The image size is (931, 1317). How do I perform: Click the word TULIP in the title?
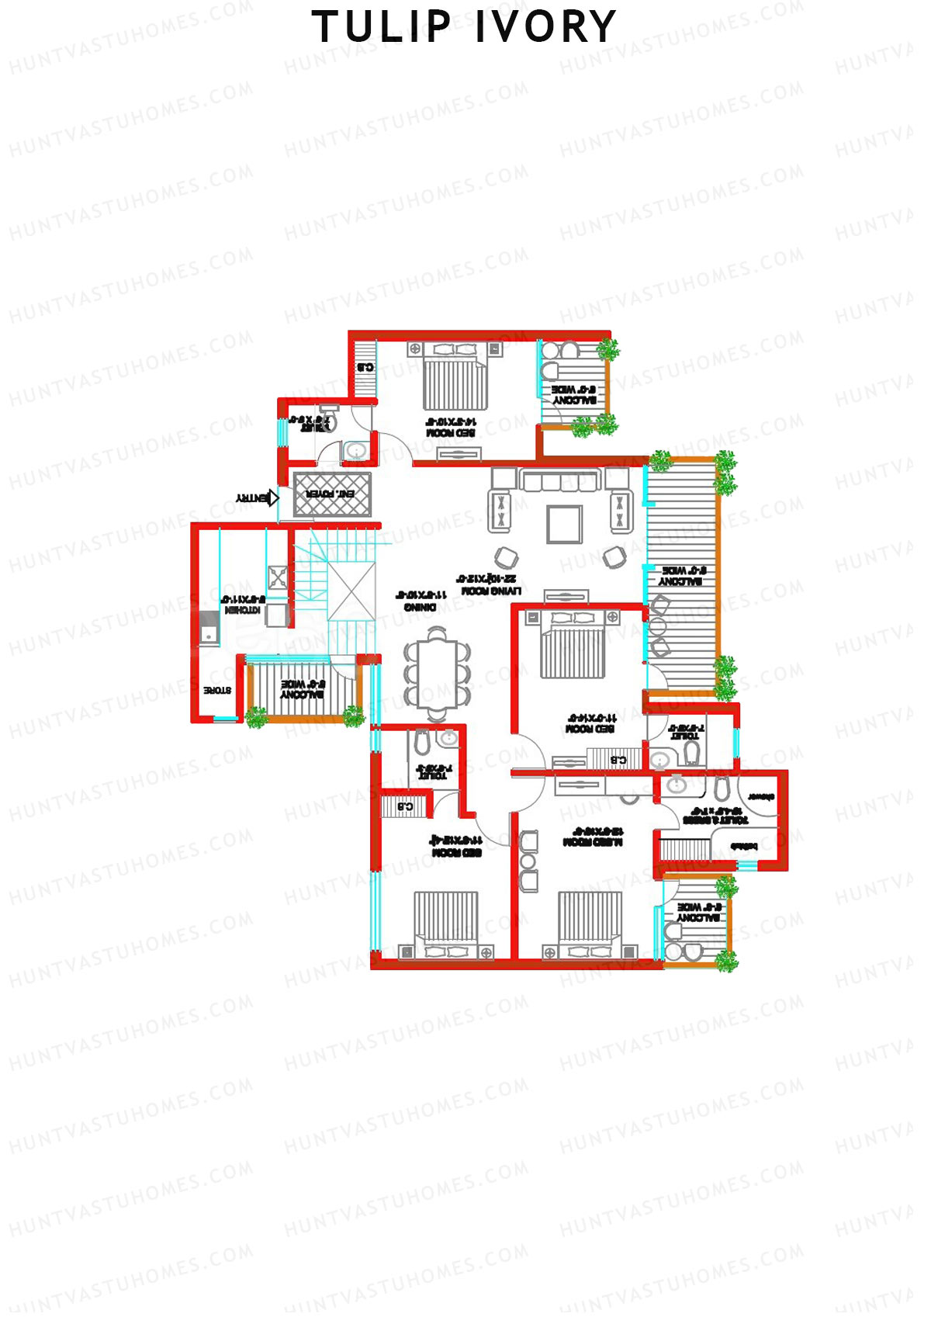[381, 27]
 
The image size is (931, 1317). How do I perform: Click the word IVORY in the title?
[545, 27]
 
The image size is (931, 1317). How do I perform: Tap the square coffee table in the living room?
[564, 525]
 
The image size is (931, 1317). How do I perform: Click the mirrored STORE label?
[216, 690]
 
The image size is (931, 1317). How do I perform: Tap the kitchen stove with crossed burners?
[278, 577]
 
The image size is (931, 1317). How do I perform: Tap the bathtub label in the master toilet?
[743, 847]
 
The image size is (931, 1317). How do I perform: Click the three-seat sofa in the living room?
[560, 481]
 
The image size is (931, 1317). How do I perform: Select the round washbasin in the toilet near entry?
[356, 450]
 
